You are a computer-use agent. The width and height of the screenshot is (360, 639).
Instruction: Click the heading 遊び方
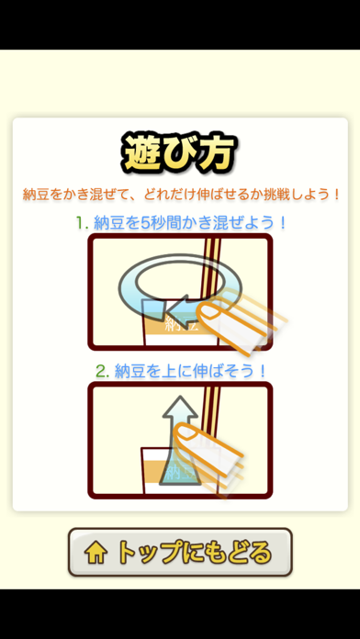[179, 152]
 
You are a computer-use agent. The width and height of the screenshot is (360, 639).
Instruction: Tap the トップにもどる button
[180, 552]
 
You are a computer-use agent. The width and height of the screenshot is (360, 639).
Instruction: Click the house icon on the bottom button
[96, 553]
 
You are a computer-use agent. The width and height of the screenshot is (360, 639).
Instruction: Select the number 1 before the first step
[80, 223]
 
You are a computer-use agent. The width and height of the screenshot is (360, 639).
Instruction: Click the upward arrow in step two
[180, 440]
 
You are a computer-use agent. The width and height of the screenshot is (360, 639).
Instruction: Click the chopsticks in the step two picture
[212, 408]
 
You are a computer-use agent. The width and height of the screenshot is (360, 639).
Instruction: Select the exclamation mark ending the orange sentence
[336, 195]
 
